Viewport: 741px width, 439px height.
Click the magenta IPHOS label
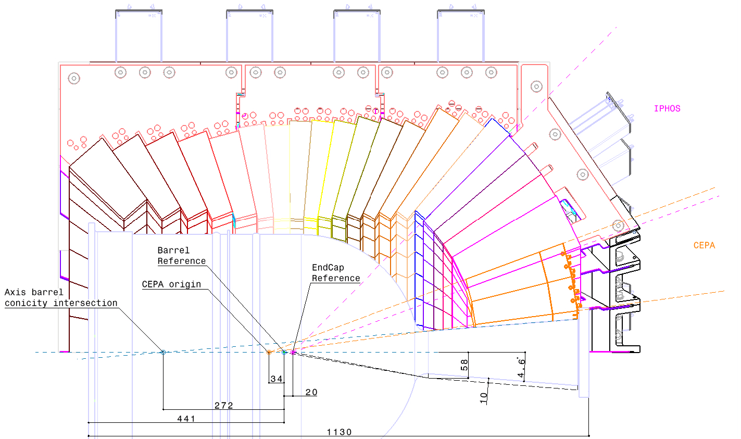667,108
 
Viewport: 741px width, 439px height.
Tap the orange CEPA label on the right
704,245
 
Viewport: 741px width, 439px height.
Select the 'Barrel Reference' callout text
182,256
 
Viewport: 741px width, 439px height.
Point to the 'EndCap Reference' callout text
336,273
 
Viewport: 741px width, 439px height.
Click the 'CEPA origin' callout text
171,284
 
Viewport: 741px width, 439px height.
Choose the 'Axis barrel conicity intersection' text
61,298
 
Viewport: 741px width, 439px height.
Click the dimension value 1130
339,432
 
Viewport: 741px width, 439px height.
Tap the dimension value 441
186,419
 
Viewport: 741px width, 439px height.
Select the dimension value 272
223,406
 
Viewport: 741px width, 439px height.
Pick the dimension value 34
277,379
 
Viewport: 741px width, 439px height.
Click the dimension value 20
311,392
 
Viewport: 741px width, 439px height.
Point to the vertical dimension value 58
464,365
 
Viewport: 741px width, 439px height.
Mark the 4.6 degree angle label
521,368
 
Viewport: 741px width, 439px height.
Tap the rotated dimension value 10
484,398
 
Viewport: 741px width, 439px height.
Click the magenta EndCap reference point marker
293,353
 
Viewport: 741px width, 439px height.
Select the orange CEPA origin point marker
269,353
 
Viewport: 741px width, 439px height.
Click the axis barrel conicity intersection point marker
163,353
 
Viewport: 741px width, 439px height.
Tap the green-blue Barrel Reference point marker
284,353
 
